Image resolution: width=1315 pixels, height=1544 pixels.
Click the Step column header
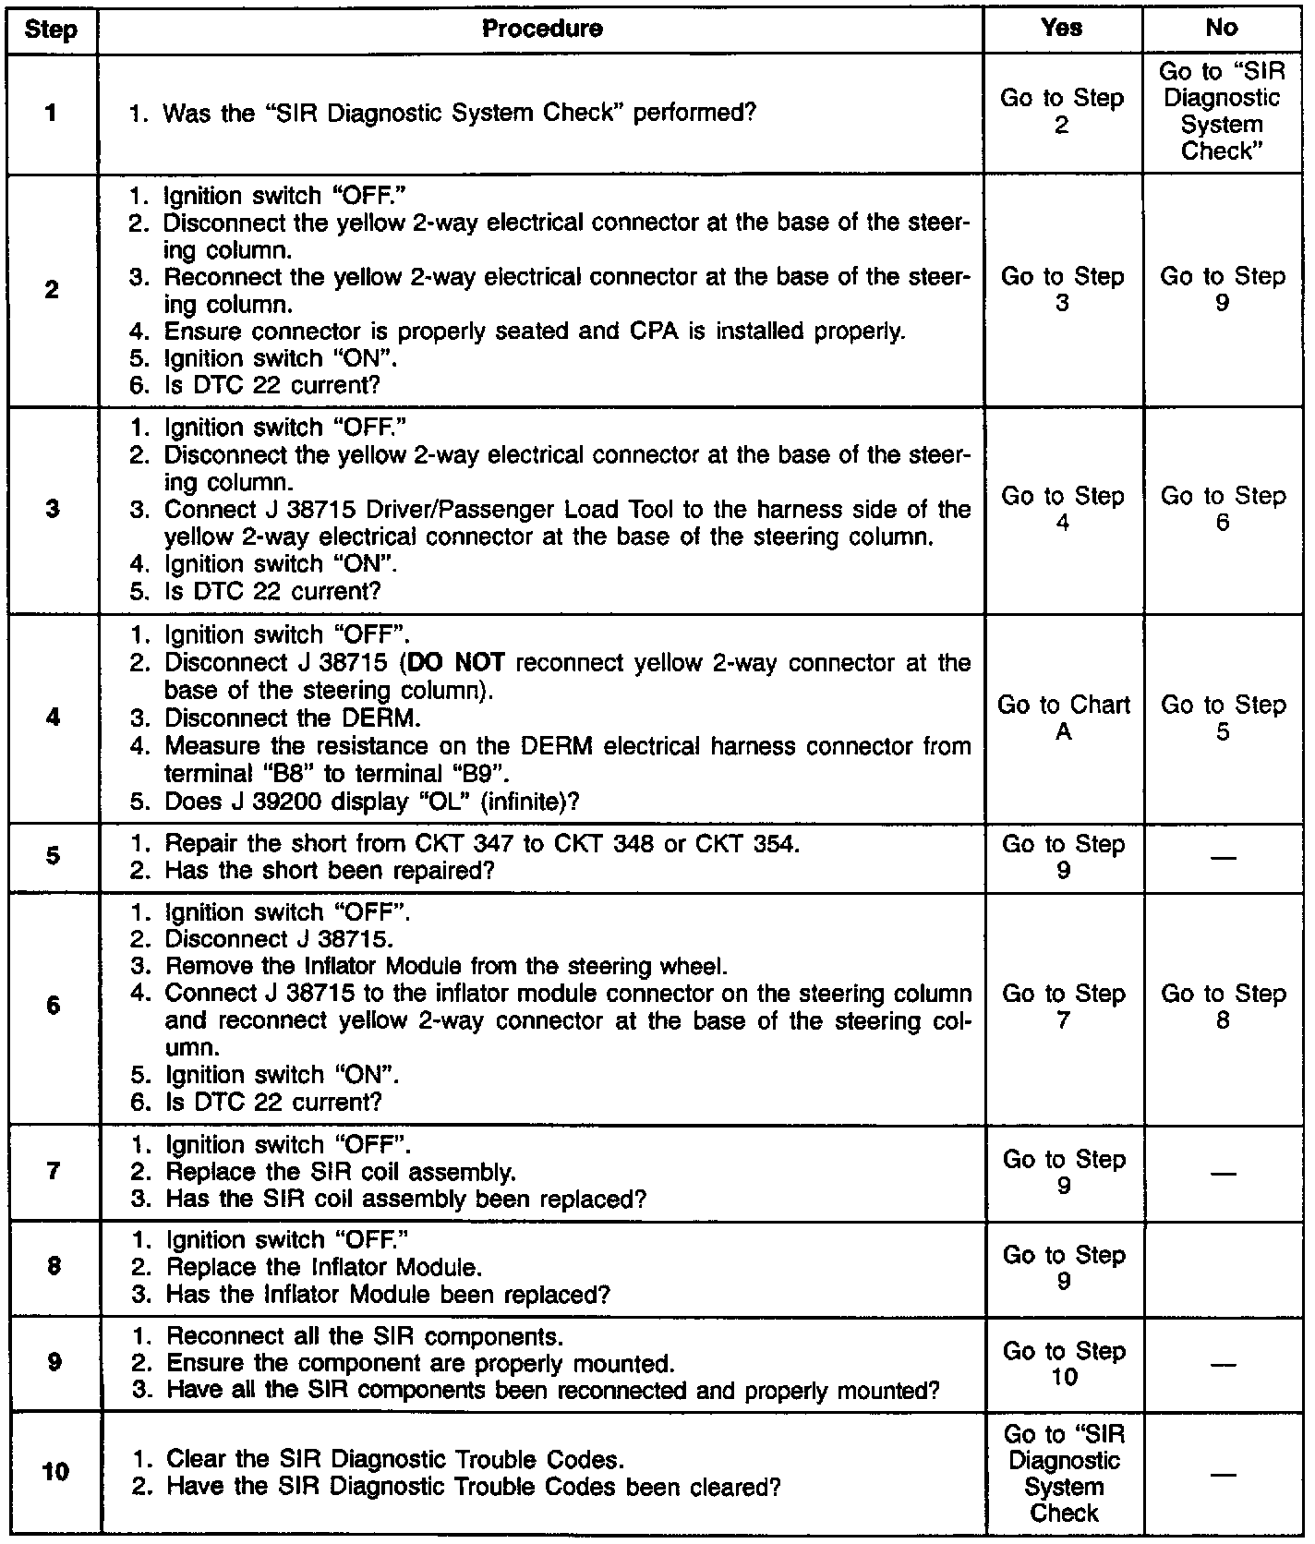click(x=51, y=30)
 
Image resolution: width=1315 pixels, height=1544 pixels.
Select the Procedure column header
click(x=542, y=30)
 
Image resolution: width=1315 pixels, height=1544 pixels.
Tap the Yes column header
click(x=1061, y=28)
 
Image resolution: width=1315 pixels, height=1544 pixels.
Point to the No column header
click(x=1221, y=28)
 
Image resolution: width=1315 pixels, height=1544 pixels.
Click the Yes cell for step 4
click(x=1063, y=718)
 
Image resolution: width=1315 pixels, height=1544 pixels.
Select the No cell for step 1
click(x=1221, y=111)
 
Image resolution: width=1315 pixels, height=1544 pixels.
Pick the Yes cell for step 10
click(x=1064, y=1473)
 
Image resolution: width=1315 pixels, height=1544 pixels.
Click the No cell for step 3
click(x=1222, y=509)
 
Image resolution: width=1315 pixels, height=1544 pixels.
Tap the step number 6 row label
click(x=53, y=1006)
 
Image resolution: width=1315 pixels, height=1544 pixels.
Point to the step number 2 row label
click(x=52, y=290)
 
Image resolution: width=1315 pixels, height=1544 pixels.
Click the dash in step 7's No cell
click(x=1223, y=1173)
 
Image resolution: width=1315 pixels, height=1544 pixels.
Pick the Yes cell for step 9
click(x=1064, y=1363)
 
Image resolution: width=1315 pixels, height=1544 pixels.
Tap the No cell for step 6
click(x=1222, y=1007)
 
